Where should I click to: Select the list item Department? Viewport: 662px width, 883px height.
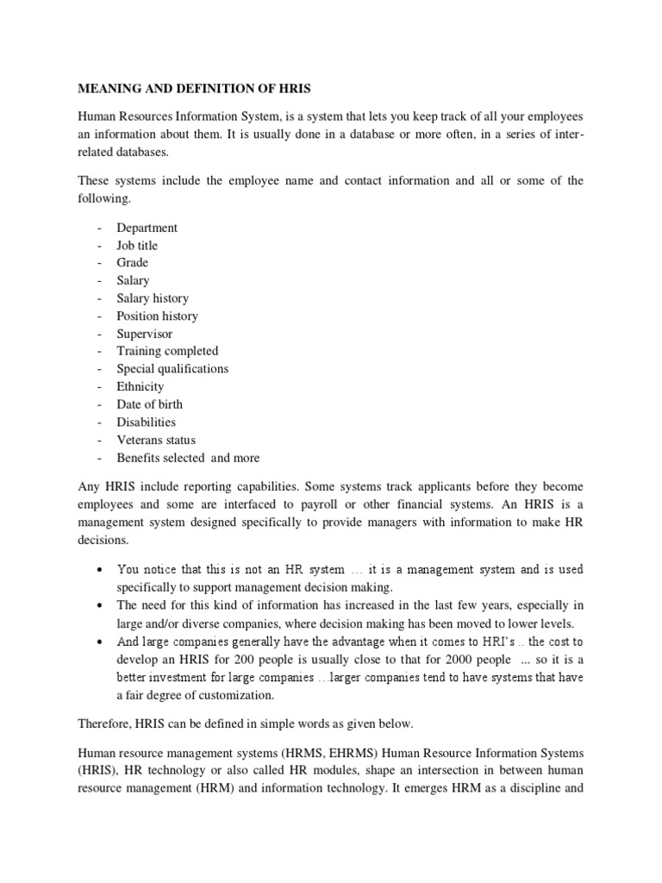pyautogui.click(x=147, y=228)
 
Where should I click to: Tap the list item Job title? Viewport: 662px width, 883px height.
pyautogui.click(x=137, y=246)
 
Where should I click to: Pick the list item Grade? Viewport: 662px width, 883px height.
pyautogui.click(x=133, y=263)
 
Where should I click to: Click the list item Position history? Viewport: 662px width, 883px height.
pyautogui.click(x=157, y=316)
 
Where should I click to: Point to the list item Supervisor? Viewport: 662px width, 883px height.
pyautogui.click(x=145, y=334)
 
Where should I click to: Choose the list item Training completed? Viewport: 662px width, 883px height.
pyautogui.click(x=167, y=351)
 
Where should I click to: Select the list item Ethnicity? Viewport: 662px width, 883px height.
pyautogui.click(x=141, y=386)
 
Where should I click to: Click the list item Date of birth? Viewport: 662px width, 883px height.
pyautogui.click(x=150, y=404)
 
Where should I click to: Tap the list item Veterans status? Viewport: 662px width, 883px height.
pyautogui.click(x=156, y=440)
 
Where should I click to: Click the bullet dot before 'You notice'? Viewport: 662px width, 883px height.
pyautogui.click(x=102, y=570)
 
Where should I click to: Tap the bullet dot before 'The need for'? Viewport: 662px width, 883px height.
pyautogui.click(x=102, y=605)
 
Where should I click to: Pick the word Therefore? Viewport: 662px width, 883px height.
pyautogui.click(x=107, y=728)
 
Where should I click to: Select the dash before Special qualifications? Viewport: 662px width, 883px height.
pyautogui.click(x=100, y=369)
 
